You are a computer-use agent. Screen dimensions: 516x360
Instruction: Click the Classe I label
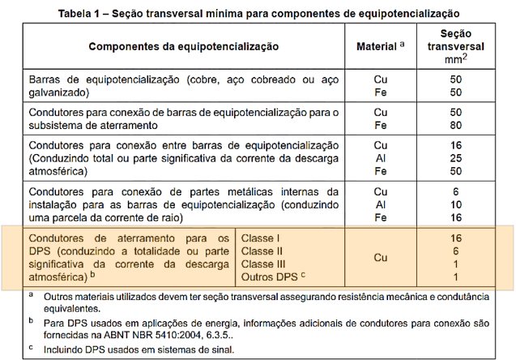click(260, 238)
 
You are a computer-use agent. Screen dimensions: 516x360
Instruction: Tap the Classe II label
click(262, 251)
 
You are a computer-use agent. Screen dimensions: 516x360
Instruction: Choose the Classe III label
click(263, 264)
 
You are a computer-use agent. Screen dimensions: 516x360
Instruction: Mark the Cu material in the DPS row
click(380, 258)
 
